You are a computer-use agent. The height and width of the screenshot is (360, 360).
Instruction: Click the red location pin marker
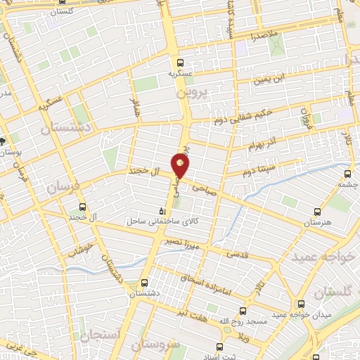[181, 166]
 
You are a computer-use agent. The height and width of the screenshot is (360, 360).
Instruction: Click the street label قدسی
[236, 255]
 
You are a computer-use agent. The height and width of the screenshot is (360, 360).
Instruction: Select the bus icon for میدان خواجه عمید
[301, 304]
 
